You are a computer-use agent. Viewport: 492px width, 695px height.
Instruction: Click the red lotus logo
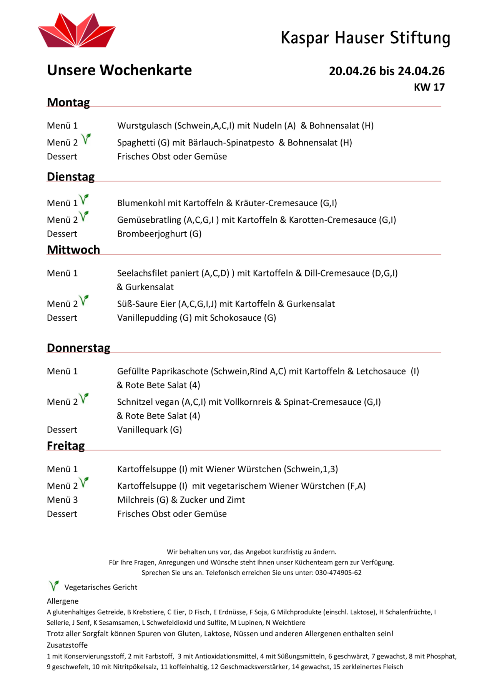click(77, 31)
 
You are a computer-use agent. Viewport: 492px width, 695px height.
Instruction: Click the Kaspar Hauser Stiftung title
click(365, 38)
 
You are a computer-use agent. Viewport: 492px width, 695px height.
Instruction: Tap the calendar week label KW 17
click(429, 88)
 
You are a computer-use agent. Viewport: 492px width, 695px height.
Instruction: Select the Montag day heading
click(68, 103)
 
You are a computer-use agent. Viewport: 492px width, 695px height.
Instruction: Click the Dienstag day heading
click(71, 177)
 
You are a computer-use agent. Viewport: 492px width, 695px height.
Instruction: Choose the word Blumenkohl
click(141, 203)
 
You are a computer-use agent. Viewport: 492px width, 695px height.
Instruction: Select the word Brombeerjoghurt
click(152, 234)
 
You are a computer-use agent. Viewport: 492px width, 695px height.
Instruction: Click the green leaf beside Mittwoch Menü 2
click(84, 300)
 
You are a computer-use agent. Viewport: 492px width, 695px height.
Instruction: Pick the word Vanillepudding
click(147, 318)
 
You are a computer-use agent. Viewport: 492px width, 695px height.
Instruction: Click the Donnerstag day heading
click(78, 348)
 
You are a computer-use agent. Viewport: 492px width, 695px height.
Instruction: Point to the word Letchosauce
click(381, 371)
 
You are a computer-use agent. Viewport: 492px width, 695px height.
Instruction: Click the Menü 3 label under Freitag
click(62, 500)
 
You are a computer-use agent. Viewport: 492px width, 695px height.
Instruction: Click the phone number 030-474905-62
click(338, 573)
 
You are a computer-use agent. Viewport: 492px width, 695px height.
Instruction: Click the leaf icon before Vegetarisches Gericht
click(54, 586)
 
